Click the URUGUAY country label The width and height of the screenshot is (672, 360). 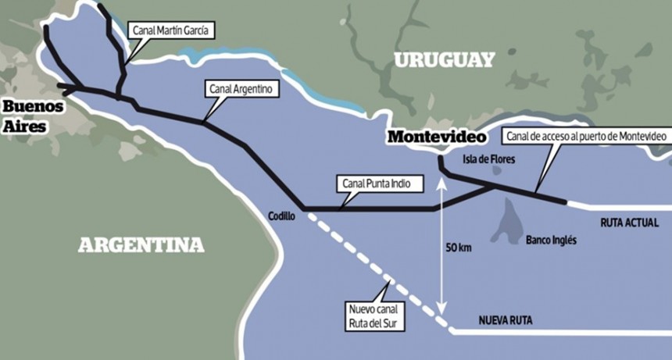pyautogui.click(x=444, y=60)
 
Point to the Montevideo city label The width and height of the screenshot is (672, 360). pyautogui.click(x=437, y=137)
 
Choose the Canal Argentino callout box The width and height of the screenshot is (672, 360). pyautogui.click(x=241, y=89)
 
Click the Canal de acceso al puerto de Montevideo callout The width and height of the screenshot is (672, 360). pyautogui.click(x=586, y=137)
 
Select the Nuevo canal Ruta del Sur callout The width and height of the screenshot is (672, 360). pyautogui.click(x=374, y=312)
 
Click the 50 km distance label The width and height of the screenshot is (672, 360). pyautogui.click(x=459, y=248)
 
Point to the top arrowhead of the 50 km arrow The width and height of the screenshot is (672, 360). pyautogui.click(x=442, y=182)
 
